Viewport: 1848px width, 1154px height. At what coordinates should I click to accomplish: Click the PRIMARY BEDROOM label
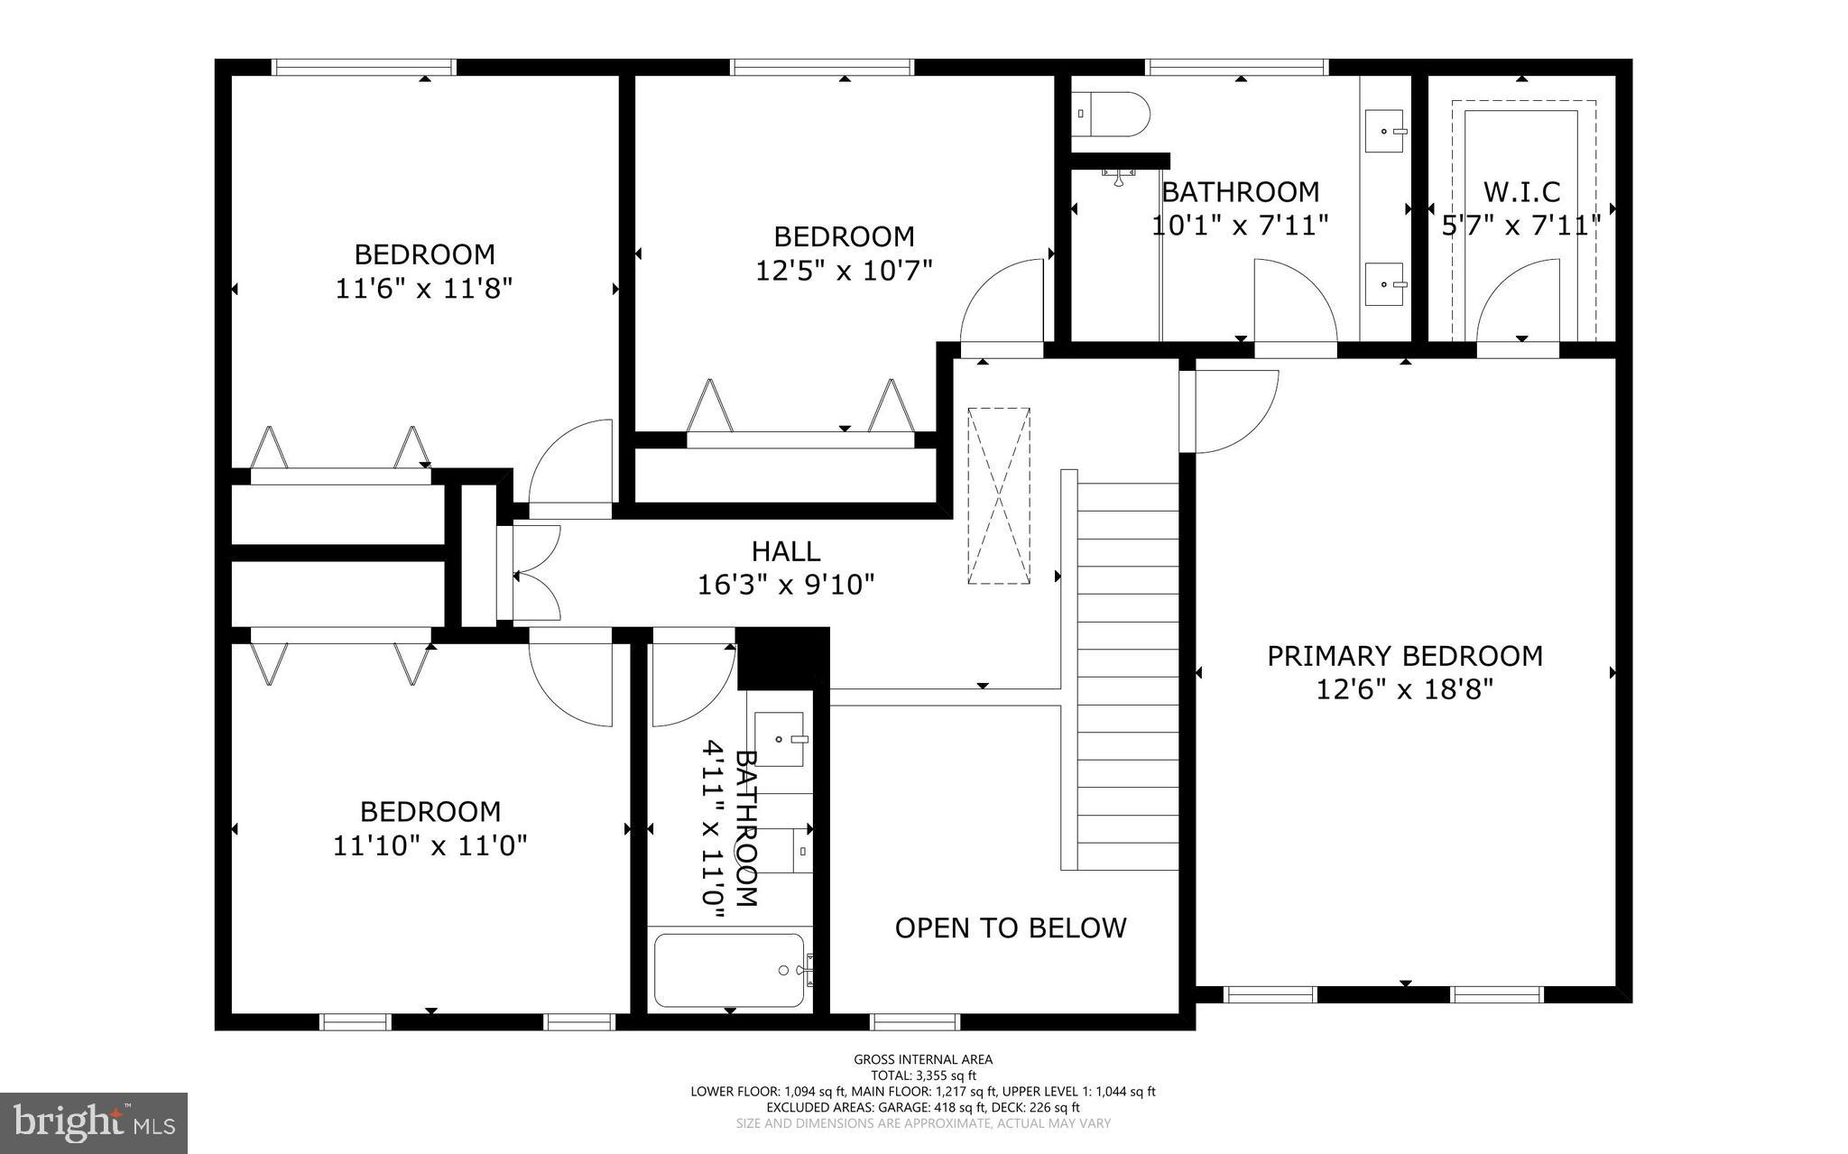1404,656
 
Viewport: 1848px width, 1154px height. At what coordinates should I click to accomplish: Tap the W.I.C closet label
1521,192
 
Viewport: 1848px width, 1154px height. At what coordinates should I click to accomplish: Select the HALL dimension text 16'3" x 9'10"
786,585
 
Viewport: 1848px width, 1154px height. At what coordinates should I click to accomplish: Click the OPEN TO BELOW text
1011,928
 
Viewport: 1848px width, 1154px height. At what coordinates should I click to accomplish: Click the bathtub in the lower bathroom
729,971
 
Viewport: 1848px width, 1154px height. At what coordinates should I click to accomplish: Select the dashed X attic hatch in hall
998,495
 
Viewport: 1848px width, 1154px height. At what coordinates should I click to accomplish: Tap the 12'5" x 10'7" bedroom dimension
844,270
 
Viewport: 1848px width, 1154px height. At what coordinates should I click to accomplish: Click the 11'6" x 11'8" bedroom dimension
424,289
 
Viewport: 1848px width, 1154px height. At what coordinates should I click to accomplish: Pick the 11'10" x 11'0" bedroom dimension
430,845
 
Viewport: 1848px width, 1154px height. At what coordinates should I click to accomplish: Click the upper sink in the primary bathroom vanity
1385,132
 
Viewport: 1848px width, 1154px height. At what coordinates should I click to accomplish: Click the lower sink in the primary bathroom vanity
1385,284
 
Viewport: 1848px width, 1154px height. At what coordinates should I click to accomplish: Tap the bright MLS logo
94,1122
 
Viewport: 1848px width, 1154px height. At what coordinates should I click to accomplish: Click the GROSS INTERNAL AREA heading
923,1059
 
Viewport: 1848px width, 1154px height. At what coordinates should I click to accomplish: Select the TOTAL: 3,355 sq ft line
923,1076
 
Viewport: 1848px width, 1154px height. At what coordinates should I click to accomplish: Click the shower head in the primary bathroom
1120,176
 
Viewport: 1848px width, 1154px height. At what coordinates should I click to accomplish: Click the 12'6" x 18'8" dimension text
1404,690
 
